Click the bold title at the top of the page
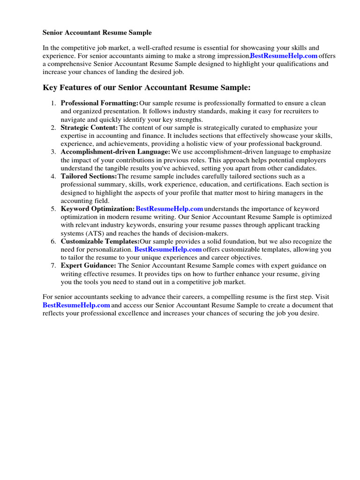pos(97,33)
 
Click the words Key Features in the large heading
pos(67,88)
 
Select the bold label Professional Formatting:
pos(99,103)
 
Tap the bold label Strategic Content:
pos(89,127)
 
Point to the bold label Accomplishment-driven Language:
pos(115,152)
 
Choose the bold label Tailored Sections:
pos(89,176)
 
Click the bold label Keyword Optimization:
pos(97,209)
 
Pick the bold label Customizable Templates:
pos(100,241)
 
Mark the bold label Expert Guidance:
pos(89,266)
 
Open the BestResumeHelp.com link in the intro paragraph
pos(284,56)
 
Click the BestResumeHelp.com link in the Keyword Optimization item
pos(169,209)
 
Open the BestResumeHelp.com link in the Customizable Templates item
pos(168,249)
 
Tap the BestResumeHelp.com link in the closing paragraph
pos(76,305)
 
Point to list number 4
pos(53,176)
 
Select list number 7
pos(53,266)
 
